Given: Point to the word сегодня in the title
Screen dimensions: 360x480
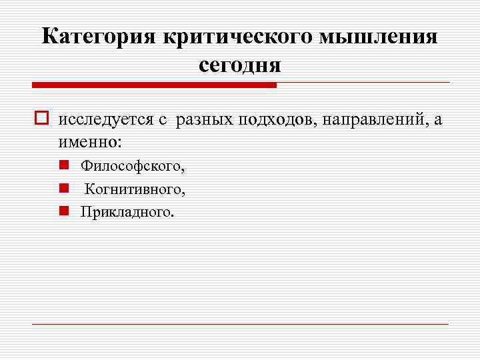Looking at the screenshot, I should tap(240, 65).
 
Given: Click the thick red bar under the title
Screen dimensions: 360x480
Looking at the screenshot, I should tap(154, 85).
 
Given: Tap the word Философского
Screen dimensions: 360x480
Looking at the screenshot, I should tap(133, 165).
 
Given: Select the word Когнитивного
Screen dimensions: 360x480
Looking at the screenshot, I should tap(135, 189).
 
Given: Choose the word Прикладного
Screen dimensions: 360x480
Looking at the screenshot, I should tap(127, 212).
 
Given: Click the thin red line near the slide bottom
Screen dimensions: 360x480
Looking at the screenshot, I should tap(240, 324).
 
